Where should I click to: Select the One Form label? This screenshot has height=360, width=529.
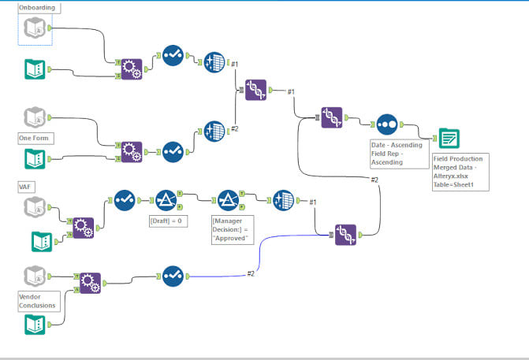36,138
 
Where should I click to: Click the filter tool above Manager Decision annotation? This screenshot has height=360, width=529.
228,200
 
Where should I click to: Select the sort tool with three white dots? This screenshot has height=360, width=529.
386,124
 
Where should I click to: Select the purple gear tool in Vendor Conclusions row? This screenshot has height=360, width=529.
89,280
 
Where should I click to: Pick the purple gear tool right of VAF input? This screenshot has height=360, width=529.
83,228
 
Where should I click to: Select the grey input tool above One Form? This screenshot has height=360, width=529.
35,118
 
